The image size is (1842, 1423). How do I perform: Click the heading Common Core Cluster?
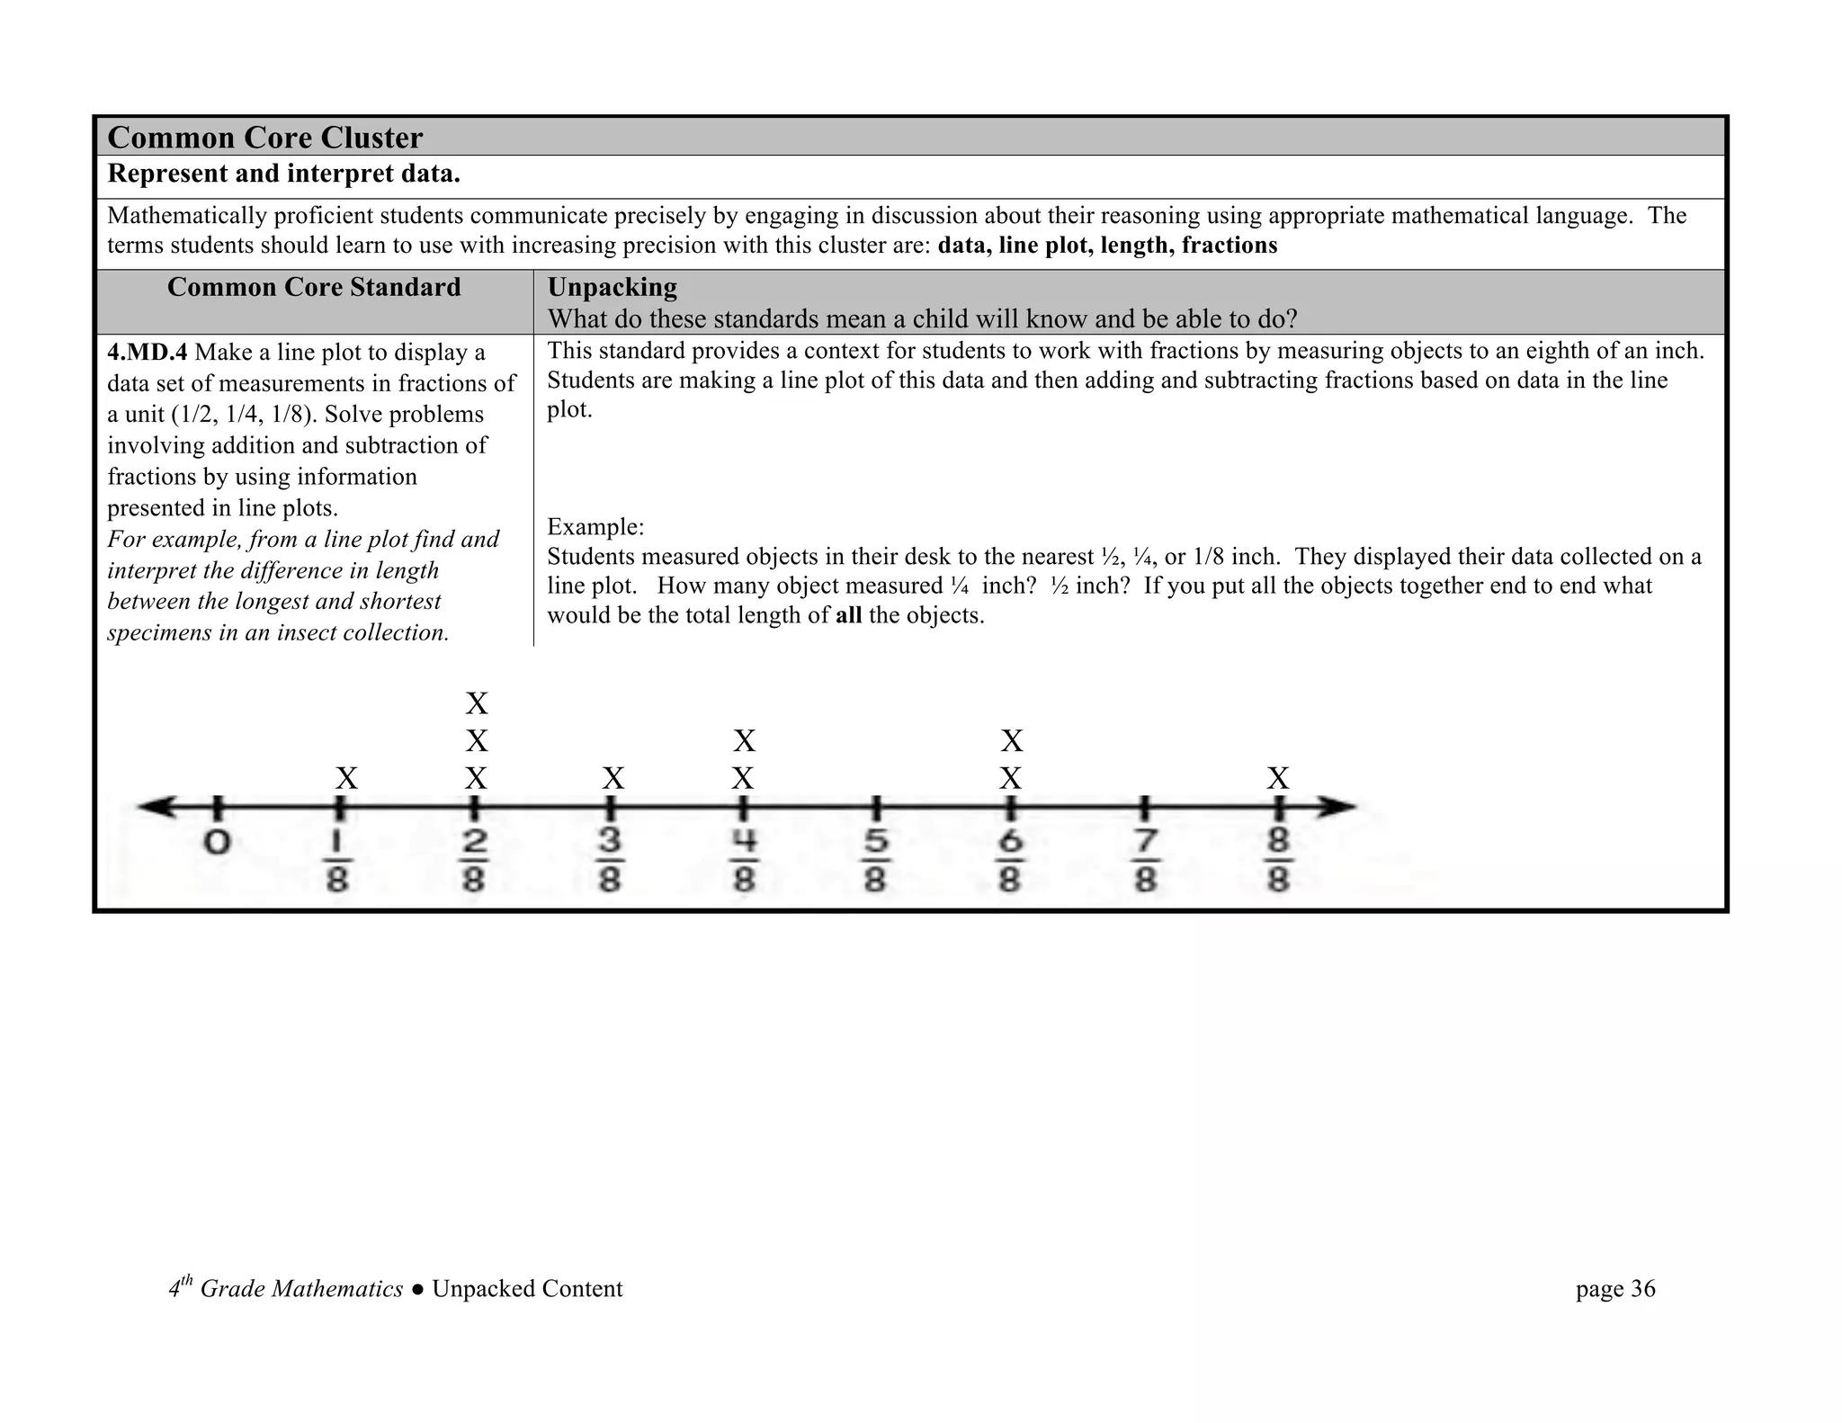point(264,138)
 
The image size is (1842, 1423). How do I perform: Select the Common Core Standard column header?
point(313,287)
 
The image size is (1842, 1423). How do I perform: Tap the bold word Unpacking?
point(612,287)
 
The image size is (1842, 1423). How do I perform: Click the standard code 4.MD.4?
point(147,353)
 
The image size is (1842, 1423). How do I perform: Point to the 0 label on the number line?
point(217,843)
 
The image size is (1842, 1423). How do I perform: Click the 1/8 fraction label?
point(337,861)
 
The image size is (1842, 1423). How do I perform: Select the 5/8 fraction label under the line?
point(875,861)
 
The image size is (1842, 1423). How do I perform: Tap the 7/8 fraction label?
point(1144,861)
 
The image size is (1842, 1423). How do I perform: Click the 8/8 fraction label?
point(1278,861)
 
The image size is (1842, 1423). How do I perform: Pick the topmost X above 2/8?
point(477,703)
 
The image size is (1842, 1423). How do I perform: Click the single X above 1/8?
point(346,778)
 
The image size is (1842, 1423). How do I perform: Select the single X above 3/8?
point(613,778)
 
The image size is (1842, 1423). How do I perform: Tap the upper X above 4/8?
point(744,741)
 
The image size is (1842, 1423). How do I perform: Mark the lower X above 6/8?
point(1011,778)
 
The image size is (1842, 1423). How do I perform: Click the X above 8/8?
point(1278,778)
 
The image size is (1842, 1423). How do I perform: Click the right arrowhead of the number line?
point(1340,807)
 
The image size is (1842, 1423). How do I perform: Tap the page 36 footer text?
point(1614,1289)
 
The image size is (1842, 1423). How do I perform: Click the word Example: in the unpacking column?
point(595,526)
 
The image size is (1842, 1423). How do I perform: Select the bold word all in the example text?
point(848,615)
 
